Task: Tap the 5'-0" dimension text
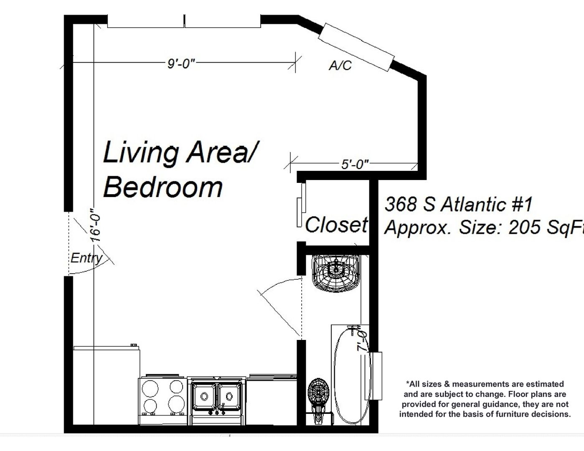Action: tap(355, 164)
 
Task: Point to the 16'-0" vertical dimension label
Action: tap(96, 225)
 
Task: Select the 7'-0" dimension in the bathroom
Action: tap(362, 338)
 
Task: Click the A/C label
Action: tap(340, 65)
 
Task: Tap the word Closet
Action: tap(336, 225)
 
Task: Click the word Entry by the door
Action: tap(86, 258)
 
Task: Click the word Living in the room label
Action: tap(140, 152)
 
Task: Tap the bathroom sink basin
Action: tap(336, 273)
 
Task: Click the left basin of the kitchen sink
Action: tap(204, 396)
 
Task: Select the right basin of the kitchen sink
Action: tap(229, 396)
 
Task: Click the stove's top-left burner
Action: tap(150, 388)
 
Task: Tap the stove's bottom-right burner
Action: tap(176, 403)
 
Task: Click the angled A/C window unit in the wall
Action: tap(356, 47)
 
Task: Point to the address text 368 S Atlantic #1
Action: tap(459, 204)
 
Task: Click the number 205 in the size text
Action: tap(524, 227)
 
